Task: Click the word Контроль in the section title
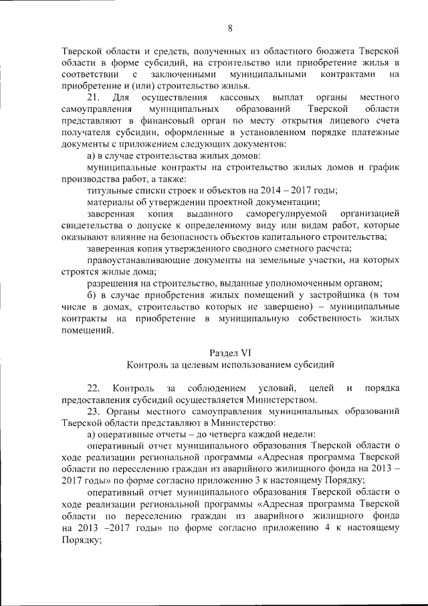tap(150, 364)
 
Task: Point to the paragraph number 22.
tap(94, 388)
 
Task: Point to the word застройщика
tap(340, 294)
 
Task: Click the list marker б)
tap(93, 294)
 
